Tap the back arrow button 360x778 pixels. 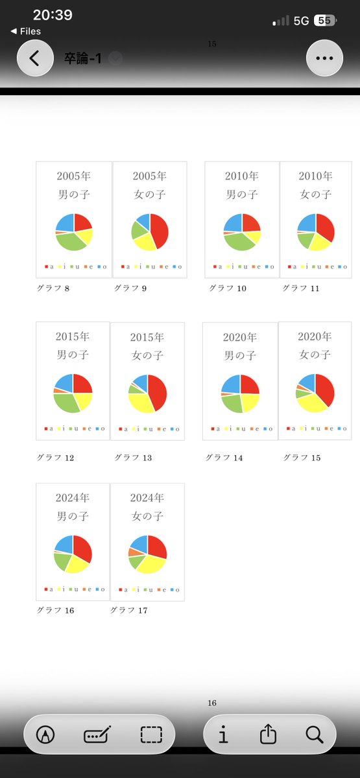pos(35,58)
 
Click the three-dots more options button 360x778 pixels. pos(324,58)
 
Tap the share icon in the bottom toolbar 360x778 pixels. pos(268,734)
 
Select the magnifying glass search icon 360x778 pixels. pos(315,734)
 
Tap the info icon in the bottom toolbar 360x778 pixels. pos(223,734)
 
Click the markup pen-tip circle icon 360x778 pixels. pos(45,734)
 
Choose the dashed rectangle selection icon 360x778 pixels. pos(151,734)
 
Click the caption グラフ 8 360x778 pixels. pos(53,289)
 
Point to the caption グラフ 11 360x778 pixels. pos(300,289)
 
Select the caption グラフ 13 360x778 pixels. pos(133,458)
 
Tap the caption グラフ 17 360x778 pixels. pos(128,610)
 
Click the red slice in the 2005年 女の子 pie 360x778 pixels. pos(160,230)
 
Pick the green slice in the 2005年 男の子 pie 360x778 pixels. pos(69,241)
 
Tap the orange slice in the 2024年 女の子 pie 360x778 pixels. pos(135,552)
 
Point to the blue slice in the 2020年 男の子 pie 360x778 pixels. pos(232,383)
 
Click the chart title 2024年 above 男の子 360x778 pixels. pos(73,498)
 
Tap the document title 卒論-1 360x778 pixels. pos(83,58)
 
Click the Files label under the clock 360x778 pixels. pos(30,31)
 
